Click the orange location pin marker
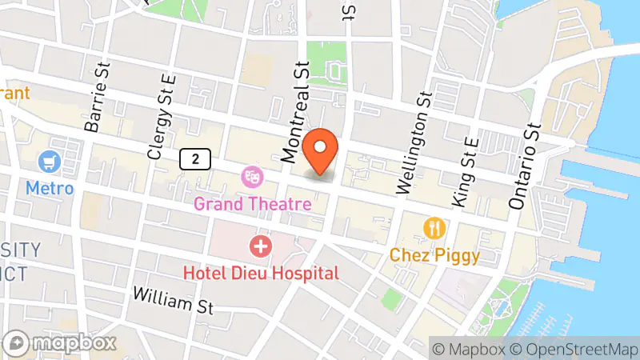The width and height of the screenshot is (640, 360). pyautogui.click(x=322, y=150)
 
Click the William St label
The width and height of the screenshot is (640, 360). pyautogui.click(x=174, y=301)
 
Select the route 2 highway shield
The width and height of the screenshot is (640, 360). pyautogui.click(x=195, y=158)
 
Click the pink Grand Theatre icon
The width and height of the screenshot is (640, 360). pyautogui.click(x=253, y=174)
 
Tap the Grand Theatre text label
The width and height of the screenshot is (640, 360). pyautogui.click(x=252, y=204)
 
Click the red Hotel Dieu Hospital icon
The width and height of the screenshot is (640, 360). pyautogui.click(x=260, y=246)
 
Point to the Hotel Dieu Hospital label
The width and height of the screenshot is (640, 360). pyautogui.click(x=261, y=273)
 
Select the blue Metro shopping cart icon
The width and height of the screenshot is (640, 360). pyautogui.click(x=50, y=161)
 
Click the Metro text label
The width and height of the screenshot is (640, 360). pyautogui.click(x=50, y=189)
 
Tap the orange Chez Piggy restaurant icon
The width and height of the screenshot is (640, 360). pyautogui.click(x=434, y=228)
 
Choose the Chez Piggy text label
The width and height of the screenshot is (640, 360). pyautogui.click(x=434, y=256)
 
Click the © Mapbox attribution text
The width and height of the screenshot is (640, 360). pyautogui.click(x=468, y=349)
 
